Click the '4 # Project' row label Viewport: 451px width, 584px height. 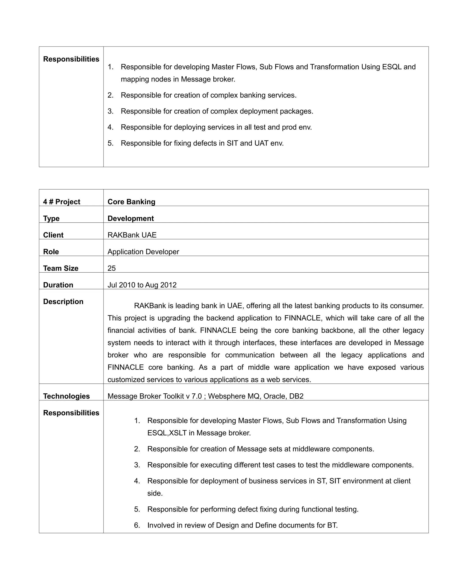click(x=61, y=202)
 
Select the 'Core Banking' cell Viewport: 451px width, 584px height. click(x=131, y=202)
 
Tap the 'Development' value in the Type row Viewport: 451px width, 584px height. click(x=130, y=218)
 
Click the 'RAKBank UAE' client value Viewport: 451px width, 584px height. click(x=132, y=235)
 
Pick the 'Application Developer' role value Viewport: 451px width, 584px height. click(x=143, y=252)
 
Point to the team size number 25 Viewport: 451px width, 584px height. click(x=111, y=268)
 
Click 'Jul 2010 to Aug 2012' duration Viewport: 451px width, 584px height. click(x=142, y=285)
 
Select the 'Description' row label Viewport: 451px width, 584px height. click(x=63, y=302)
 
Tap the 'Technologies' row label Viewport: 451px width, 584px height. click(x=66, y=396)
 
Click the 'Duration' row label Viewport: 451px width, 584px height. click(x=58, y=285)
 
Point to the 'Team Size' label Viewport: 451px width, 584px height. click(x=61, y=268)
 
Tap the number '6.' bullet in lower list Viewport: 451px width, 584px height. click(x=137, y=525)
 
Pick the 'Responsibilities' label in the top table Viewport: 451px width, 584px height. click(x=71, y=59)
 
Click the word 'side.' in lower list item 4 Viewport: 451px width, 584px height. click(x=155, y=493)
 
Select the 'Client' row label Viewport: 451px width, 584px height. click(x=53, y=235)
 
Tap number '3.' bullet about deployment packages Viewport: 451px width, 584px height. click(x=111, y=111)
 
